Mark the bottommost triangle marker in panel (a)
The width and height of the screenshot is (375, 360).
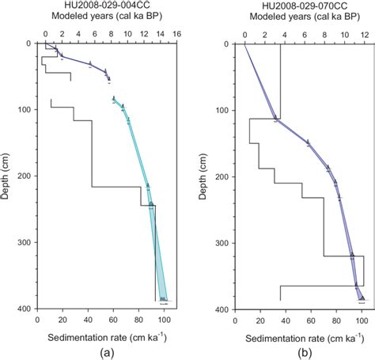[163, 300]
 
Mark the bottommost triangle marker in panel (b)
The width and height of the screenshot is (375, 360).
[362, 298]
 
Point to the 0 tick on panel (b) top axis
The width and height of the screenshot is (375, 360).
[245, 35]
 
